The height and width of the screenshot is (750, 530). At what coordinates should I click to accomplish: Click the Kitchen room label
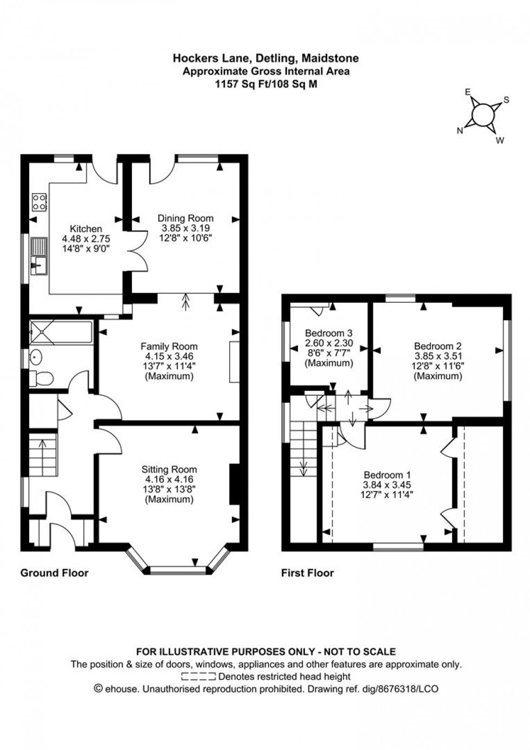click(x=85, y=229)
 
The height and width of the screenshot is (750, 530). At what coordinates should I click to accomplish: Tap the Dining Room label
click(x=186, y=218)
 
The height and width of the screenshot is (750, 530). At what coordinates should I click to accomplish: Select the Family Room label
click(x=169, y=346)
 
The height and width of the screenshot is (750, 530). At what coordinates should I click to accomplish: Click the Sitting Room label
click(x=169, y=469)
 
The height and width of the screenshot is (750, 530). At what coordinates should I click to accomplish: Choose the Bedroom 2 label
click(x=438, y=346)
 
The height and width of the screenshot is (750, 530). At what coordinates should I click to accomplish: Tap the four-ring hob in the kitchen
click(x=39, y=202)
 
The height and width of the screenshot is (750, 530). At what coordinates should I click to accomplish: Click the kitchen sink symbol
click(x=38, y=256)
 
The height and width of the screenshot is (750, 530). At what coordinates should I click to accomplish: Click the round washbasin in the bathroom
click(x=36, y=357)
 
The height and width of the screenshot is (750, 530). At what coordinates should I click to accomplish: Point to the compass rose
click(x=482, y=115)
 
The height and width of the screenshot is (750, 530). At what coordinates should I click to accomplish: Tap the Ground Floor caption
click(x=54, y=573)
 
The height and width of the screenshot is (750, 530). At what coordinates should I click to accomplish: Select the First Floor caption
click(x=308, y=573)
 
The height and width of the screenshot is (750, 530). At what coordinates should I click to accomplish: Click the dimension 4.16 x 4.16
click(x=169, y=480)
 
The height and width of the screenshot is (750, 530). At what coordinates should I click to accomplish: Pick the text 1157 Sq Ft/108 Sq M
click(x=266, y=84)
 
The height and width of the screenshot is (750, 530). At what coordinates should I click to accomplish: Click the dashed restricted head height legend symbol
click(x=198, y=676)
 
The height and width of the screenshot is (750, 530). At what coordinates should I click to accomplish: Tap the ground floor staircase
click(x=42, y=454)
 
